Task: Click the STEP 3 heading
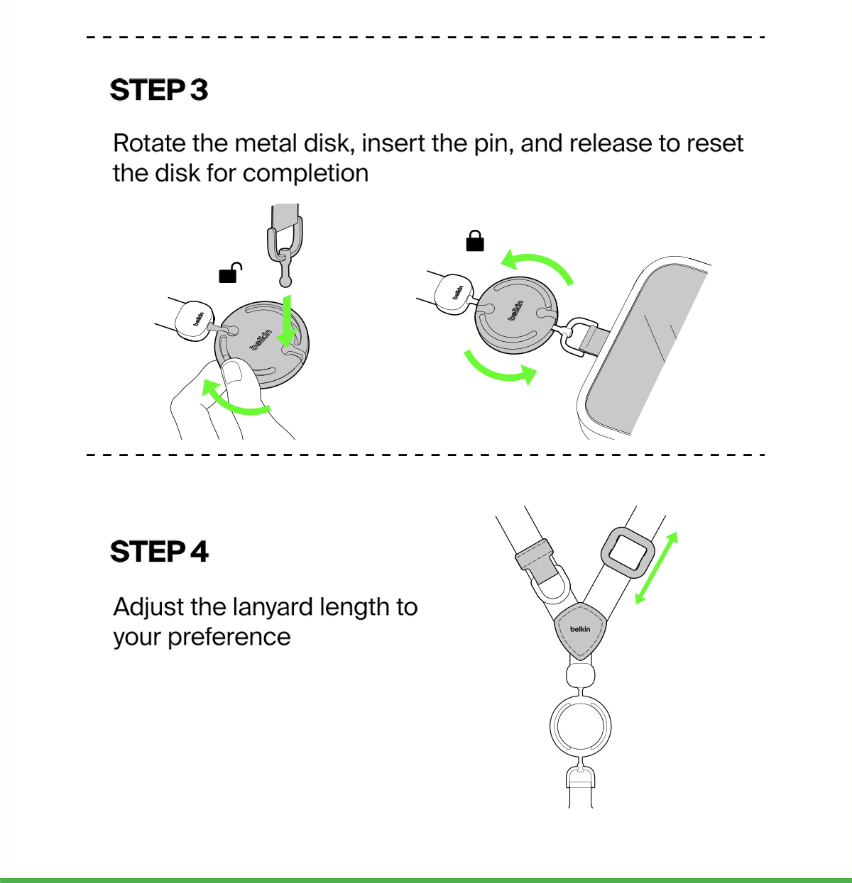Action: point(159,90)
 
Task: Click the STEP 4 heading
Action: point(160,552)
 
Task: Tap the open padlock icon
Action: point(229,272)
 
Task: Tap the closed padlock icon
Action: point(475,241)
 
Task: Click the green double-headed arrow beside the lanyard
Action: point(656,567)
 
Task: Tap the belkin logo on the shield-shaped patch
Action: point(580,629)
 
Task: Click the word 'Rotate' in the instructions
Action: point(149,144)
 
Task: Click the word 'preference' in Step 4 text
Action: point(229,637)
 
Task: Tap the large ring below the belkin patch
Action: point(581,727)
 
